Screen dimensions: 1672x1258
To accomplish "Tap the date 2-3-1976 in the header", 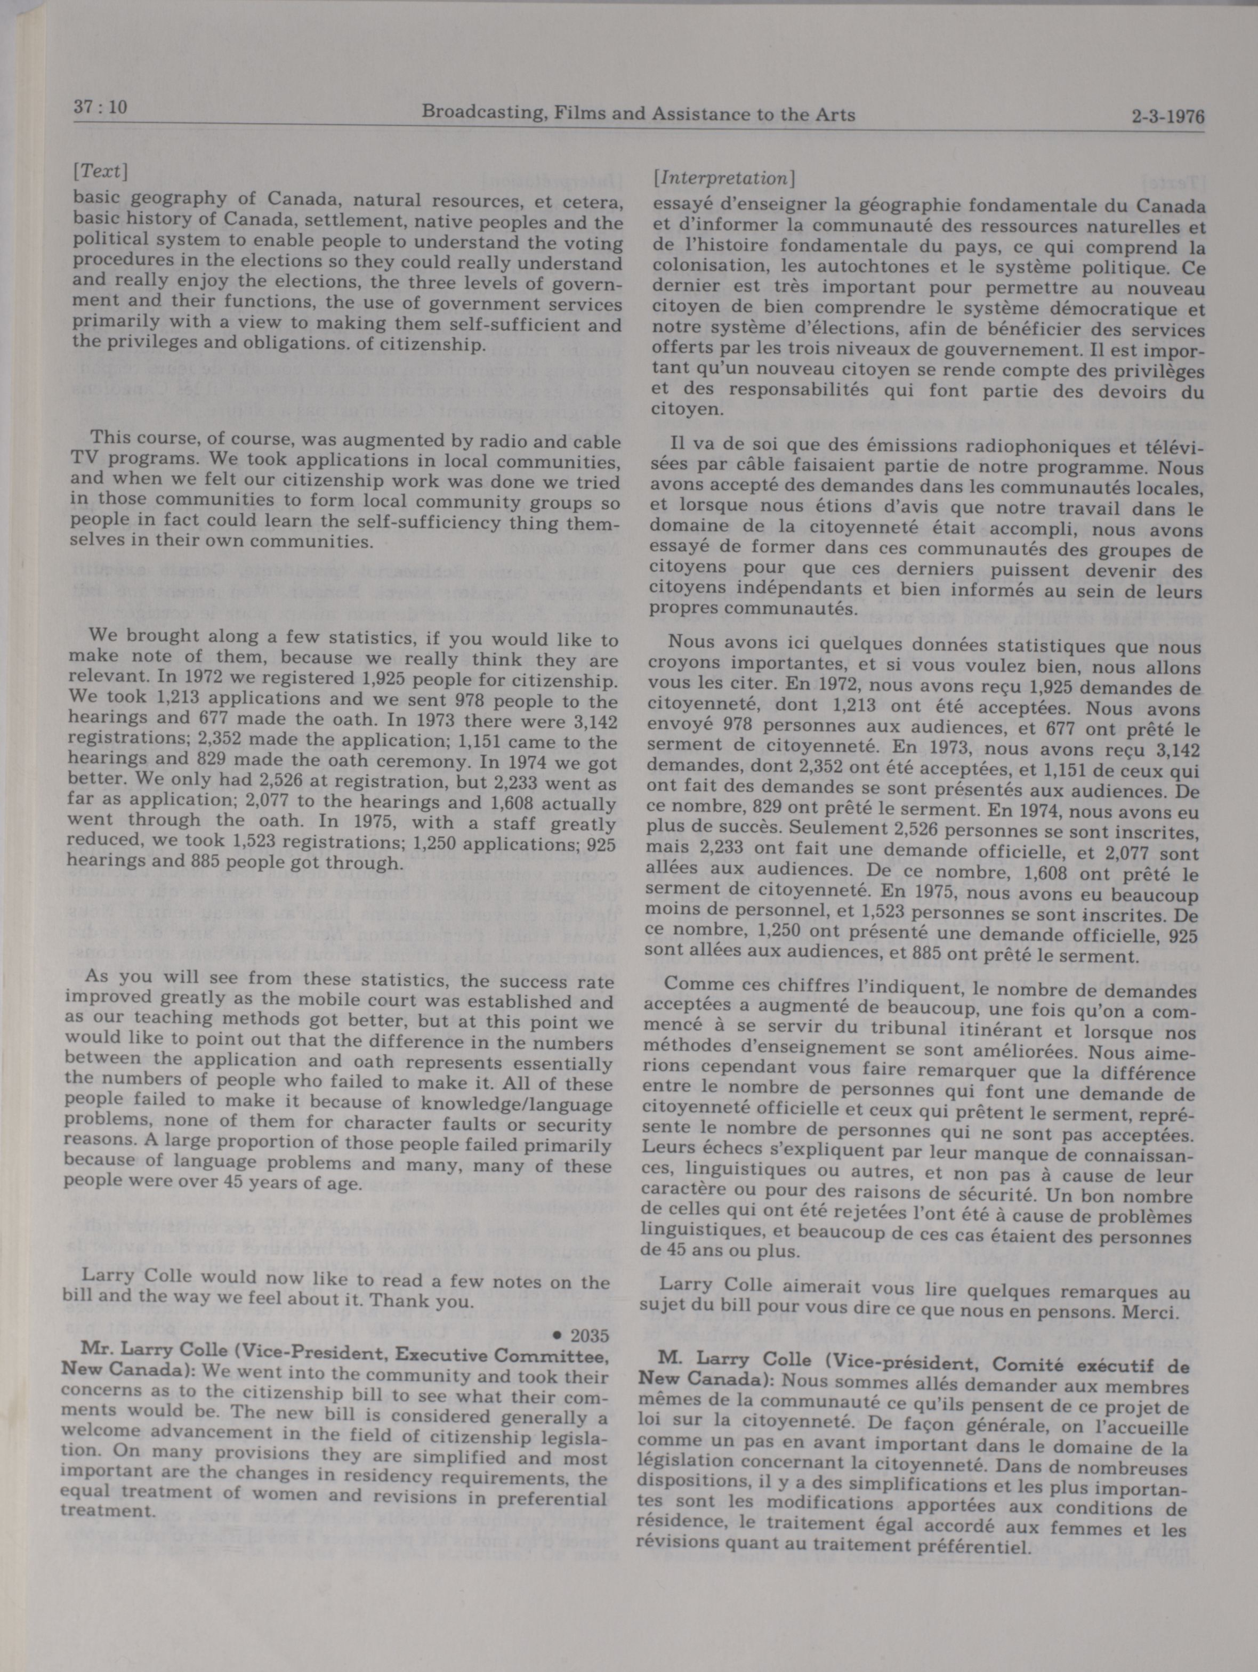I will (x=1167, y=117).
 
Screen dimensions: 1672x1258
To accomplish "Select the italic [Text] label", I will (x=100, y=172).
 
